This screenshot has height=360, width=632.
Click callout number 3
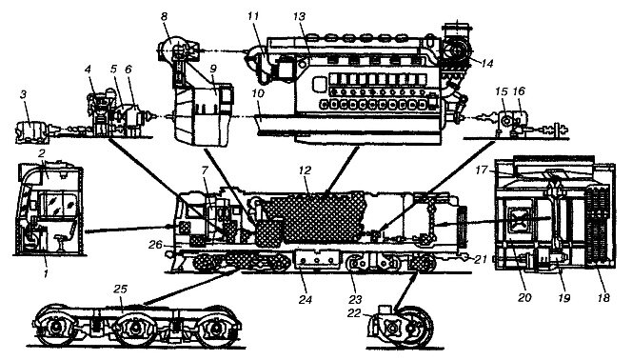coord(24,95)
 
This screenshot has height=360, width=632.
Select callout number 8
coord(164,17)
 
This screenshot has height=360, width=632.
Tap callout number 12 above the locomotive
coord(306,170)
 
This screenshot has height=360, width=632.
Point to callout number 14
coord(487,63)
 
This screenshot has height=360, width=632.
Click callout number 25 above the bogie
coord(121,290)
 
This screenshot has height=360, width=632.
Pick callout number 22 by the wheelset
coord(354,313)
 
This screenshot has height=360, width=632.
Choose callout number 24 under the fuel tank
coord(306,300)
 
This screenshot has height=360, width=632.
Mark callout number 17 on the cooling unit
coord(481,170)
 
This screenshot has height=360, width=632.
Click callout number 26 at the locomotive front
coord(155,245)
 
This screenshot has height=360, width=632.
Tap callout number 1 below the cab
coord(46,273)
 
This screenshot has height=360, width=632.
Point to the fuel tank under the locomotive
coord(317,260)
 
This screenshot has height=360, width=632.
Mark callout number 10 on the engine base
coord(258,94)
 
